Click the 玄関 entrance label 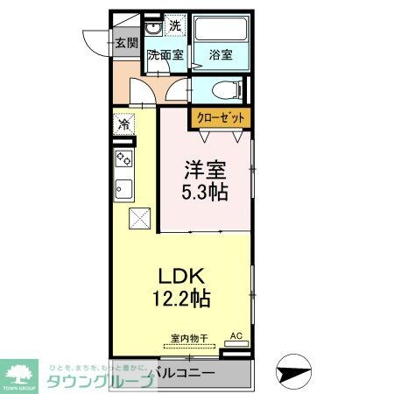(x=126, y=42)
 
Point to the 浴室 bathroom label (x=221, y=55)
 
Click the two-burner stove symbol (x=123, y=159)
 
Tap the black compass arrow (x=293, y=372)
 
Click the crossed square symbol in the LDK (x=139, y=218)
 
